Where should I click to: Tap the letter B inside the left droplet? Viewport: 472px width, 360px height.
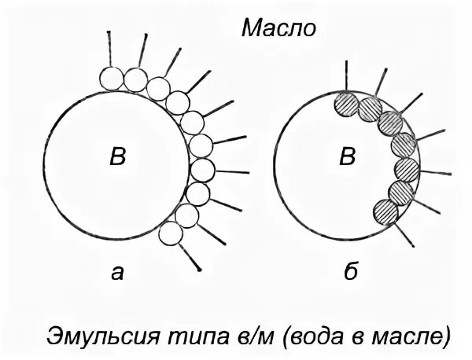tap(116, 157)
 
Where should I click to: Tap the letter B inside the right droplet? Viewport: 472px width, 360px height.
tap(346, 157)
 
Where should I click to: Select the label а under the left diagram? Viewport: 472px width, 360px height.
tap(117, 273)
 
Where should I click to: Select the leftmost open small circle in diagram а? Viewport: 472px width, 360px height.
tap(111, 78)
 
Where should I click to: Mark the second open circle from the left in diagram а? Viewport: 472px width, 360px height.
tap(135, 79)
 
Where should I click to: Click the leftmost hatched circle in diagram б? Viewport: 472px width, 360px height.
tap(346, 102)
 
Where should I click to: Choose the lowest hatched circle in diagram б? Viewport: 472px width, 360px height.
tap(385, 211)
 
